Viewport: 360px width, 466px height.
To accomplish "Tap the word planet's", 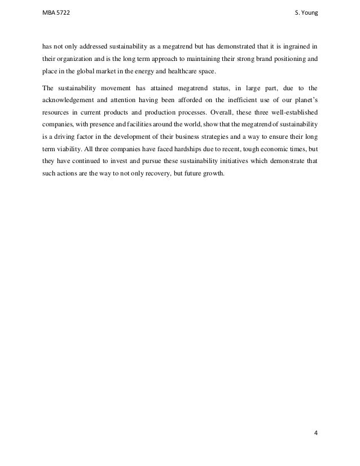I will tap(304, 102).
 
